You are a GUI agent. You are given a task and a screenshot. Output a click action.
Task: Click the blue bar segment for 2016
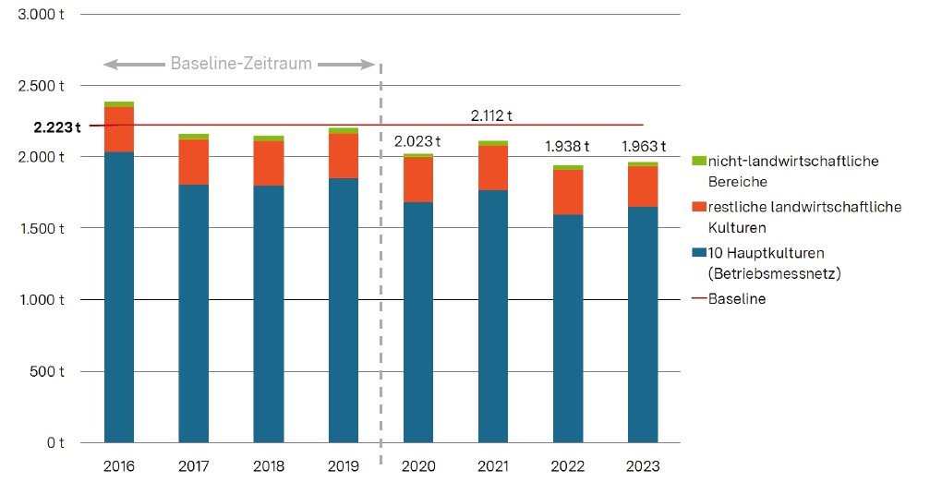[119, 297]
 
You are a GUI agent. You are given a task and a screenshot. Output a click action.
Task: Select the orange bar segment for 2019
[344, 156]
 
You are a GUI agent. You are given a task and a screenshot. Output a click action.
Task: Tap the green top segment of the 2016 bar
[119, 104]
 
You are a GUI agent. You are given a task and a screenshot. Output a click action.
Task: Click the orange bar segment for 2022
[568, 192]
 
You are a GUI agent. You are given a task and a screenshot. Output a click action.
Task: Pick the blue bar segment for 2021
[493, 317]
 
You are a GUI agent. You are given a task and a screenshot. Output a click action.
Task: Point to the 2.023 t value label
[417, 141]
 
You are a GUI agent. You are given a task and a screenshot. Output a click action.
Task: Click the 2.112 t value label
[491, 115]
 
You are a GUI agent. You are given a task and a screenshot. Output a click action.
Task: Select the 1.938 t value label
[568, 147]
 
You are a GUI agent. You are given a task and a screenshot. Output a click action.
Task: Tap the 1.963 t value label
[643, 147]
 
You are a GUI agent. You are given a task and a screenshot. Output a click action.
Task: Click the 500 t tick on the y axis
[49, 371]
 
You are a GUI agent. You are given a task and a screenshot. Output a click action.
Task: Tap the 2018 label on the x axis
[269, 466]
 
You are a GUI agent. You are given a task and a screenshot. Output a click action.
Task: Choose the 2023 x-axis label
[643, 466]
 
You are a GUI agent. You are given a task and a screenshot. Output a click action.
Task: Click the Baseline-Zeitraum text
[241, 64]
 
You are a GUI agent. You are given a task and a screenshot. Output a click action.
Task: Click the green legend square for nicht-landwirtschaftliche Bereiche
[698, 162]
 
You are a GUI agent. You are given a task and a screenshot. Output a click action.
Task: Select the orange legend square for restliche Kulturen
[698, 207]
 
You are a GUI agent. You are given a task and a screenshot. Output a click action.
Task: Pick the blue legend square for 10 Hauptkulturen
[698, 253]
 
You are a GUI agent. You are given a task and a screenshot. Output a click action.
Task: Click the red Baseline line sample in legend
[699, 299]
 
